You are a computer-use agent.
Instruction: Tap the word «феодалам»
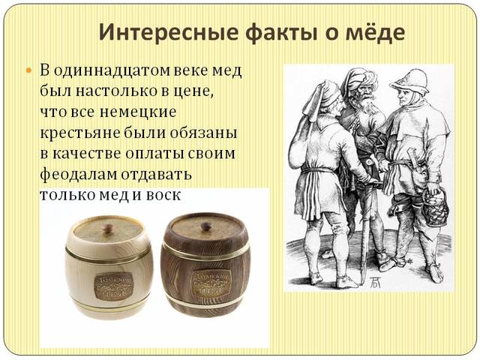(x=79, y=173)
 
